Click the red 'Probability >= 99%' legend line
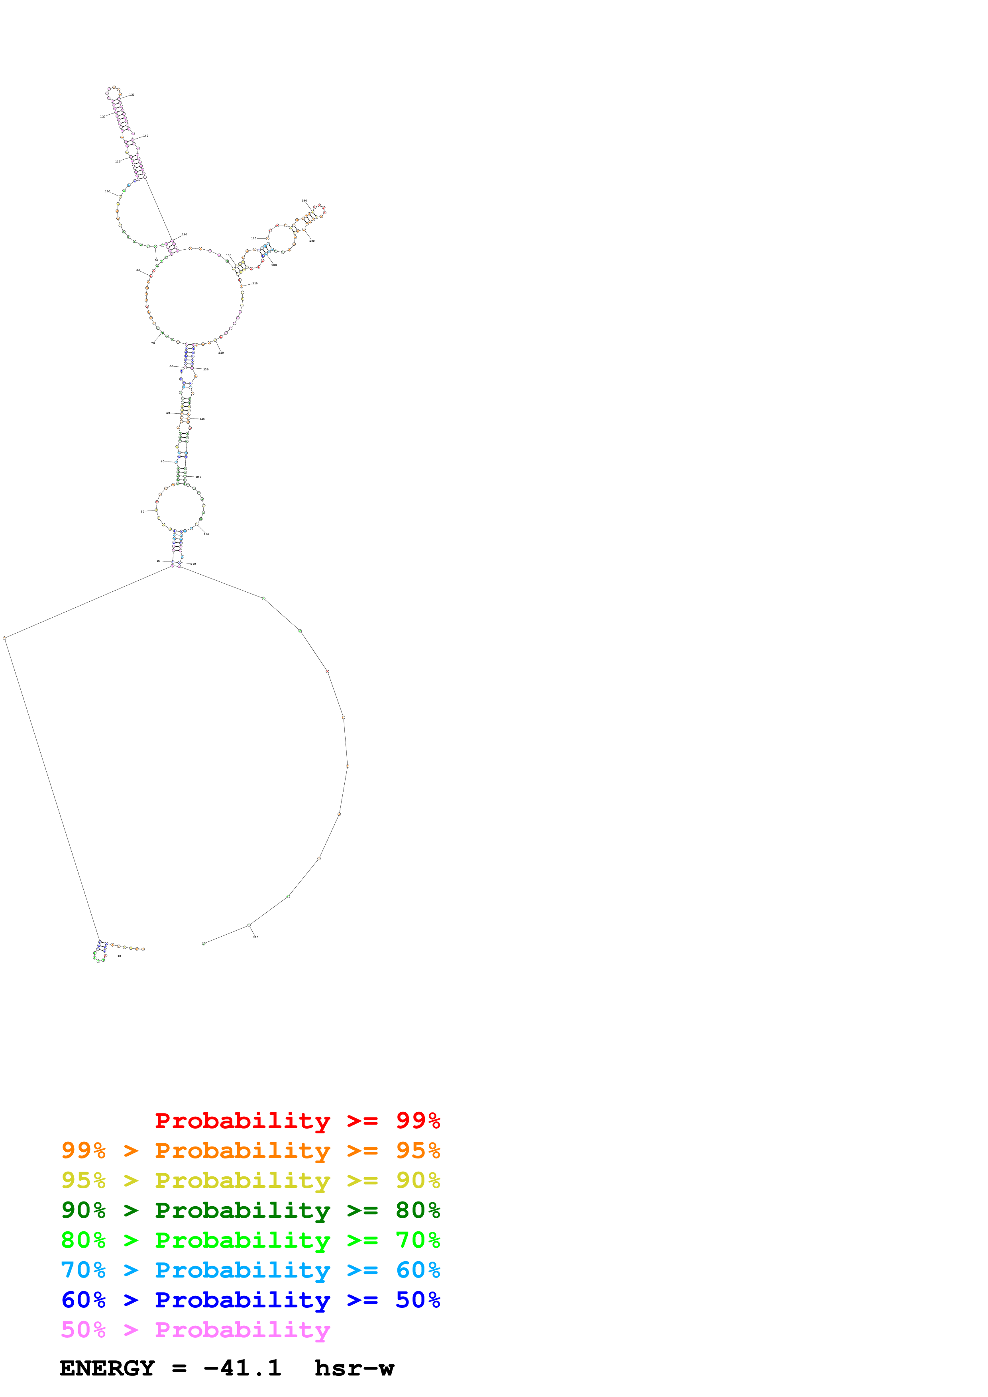click(x=297, y=1121)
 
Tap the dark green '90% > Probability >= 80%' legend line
click(x=250, y=1210)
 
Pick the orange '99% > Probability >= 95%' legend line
click(x=250, y=1150)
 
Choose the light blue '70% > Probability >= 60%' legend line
click(x=250, y=1270)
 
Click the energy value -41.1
click(x=242, y=1368)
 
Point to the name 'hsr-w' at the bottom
click(x=354, y=1368)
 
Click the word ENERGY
click(x=107, y=1368)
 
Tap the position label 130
click(x=132, y=95)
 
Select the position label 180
click(x=304, y=201)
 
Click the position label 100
click(x=108, y=192)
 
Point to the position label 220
click(x=221, y=353)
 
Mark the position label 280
click(x=256, y=937)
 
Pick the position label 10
click(x=119, y=956)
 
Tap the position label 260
click(x=206, y=534)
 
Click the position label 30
click(x=143, y=512)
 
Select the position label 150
click(x=185, y=234)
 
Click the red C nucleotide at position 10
click(x=105, y=956)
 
